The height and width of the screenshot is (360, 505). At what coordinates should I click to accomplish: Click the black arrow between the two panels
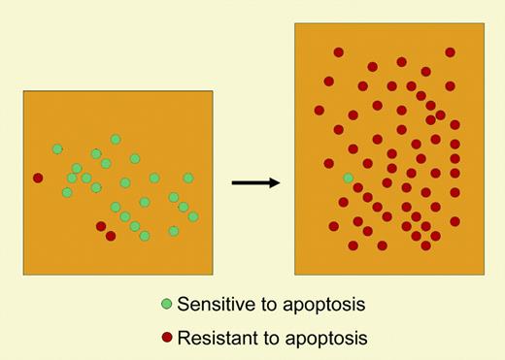tap(255, 181)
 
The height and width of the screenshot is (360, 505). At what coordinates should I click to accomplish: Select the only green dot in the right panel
tap(349, 178)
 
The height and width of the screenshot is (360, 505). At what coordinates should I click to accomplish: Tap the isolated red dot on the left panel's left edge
tap(38, 178)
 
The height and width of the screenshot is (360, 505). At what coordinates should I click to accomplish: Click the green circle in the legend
tap(167, 305)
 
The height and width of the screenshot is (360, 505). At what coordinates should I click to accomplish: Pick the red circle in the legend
tap(167, 338)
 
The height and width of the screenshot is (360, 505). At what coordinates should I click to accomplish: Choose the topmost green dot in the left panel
tap(116, 140)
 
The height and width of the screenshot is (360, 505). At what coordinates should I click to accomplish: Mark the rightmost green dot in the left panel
tap(193, 216)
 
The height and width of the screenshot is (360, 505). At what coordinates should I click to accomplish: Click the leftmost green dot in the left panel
tap(57, 148)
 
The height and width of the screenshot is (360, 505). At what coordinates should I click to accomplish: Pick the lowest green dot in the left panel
tap(145, 236)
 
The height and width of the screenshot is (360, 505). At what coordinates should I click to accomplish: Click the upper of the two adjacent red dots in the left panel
tap(101, 226)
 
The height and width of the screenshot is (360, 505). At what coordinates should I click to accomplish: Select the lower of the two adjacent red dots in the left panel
tap(111, 236)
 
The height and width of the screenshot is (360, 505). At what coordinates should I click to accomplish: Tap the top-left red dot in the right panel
tap(339, 52)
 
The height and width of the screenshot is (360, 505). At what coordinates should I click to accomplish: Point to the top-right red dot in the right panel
tap(451, 52)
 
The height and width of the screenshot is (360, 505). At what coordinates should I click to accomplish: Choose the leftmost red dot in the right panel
tap(320, 110)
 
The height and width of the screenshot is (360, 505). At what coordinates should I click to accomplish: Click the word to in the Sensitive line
tap(276, 305)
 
